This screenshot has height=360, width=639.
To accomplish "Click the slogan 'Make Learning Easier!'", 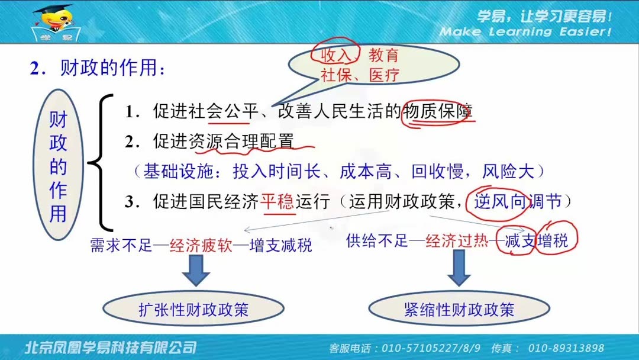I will (525, 31).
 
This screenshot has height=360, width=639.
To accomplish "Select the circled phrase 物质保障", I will (438, 111).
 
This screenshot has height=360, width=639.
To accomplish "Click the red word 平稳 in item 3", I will (277, 202).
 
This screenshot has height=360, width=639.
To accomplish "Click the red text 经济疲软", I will (196, 245).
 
